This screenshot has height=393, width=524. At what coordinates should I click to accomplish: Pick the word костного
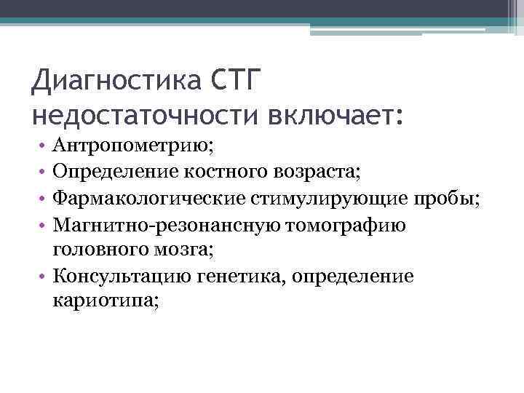point(219,172)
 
